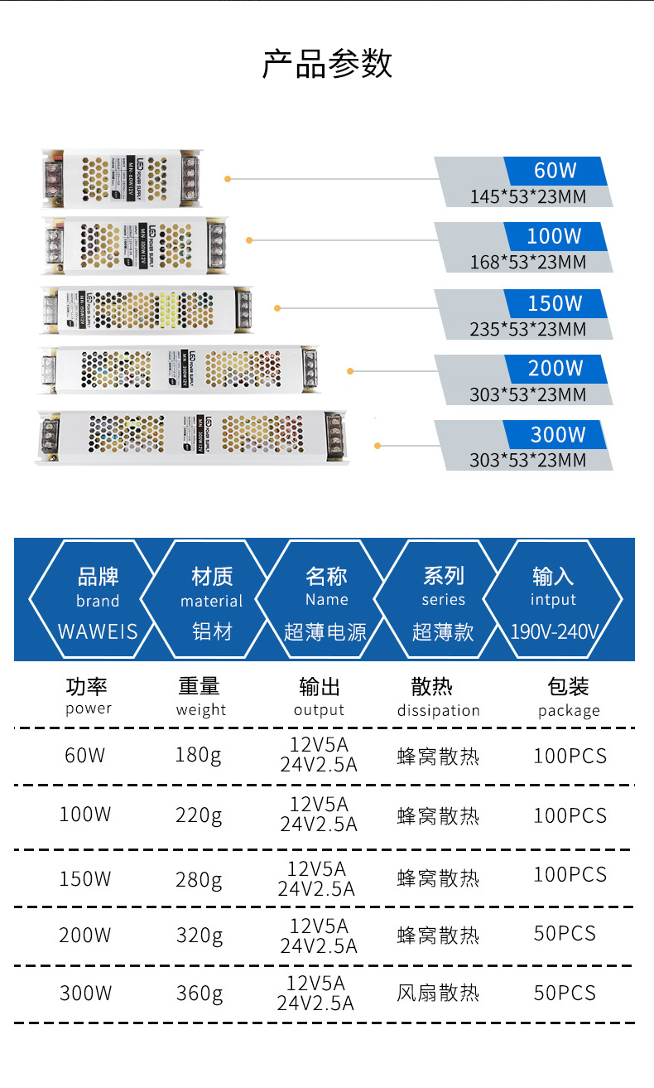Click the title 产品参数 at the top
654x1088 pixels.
click(x=327, y=64)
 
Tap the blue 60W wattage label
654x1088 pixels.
click(x=555, y=171)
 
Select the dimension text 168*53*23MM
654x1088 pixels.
click(x=527, y=263)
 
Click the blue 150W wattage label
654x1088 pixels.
click(x=555, y=303)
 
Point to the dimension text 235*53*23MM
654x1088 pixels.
click(x=527, y=329)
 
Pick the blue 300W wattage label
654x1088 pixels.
click(x=557, y=434)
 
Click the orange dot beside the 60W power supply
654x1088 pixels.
click(x=228, y=178)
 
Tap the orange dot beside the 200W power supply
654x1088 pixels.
click(x=351, y=371)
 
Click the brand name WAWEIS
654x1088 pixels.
click(x=98, y=631)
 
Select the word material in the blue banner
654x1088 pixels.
click(x=212, y=602)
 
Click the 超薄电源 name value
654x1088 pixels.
click(x=325, y=631)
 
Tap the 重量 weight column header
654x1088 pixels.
click(x=200, y=687)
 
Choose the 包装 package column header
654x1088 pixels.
click(x=568, y=687)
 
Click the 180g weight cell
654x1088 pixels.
click(x=199, y=756)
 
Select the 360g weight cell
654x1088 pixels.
click(x=200, y=993)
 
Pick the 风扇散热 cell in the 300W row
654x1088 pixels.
click(x=438, y=993)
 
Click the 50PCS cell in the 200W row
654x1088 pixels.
click(x=565, y=934)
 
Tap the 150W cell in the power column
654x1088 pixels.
click(x=84, y=878)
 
